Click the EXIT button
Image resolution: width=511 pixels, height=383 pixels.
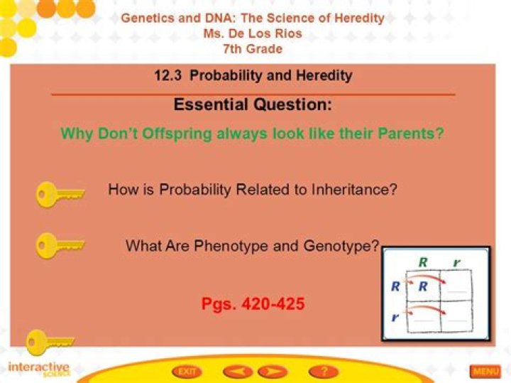click(187, 372)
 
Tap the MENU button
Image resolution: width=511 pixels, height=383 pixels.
click(485, 371)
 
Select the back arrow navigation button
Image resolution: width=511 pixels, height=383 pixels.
click(238, 372)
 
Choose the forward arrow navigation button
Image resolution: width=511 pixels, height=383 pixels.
click(273, 372)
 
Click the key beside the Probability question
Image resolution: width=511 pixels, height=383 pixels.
click(60, 195)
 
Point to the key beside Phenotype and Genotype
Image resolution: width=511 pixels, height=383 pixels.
click(60, 245)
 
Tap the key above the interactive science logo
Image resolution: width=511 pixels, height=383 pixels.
click(50, 342)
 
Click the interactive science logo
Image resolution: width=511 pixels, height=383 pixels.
click(39, 369)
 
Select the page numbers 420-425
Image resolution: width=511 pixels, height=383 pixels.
click(253, 304)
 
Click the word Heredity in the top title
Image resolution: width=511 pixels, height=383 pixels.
click(359, 18)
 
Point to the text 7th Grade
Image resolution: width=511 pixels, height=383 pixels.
click(253, 49)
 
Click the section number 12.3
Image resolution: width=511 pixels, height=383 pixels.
click(167, 76)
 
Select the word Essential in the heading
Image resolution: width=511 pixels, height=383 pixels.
click(211, 104)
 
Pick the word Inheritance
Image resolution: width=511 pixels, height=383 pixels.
click(354, 189)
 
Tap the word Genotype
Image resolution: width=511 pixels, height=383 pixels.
click(341, 246)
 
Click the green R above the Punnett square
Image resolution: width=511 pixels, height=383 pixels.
click(423, 262)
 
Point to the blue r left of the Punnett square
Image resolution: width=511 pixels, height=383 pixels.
click(395, 317)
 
